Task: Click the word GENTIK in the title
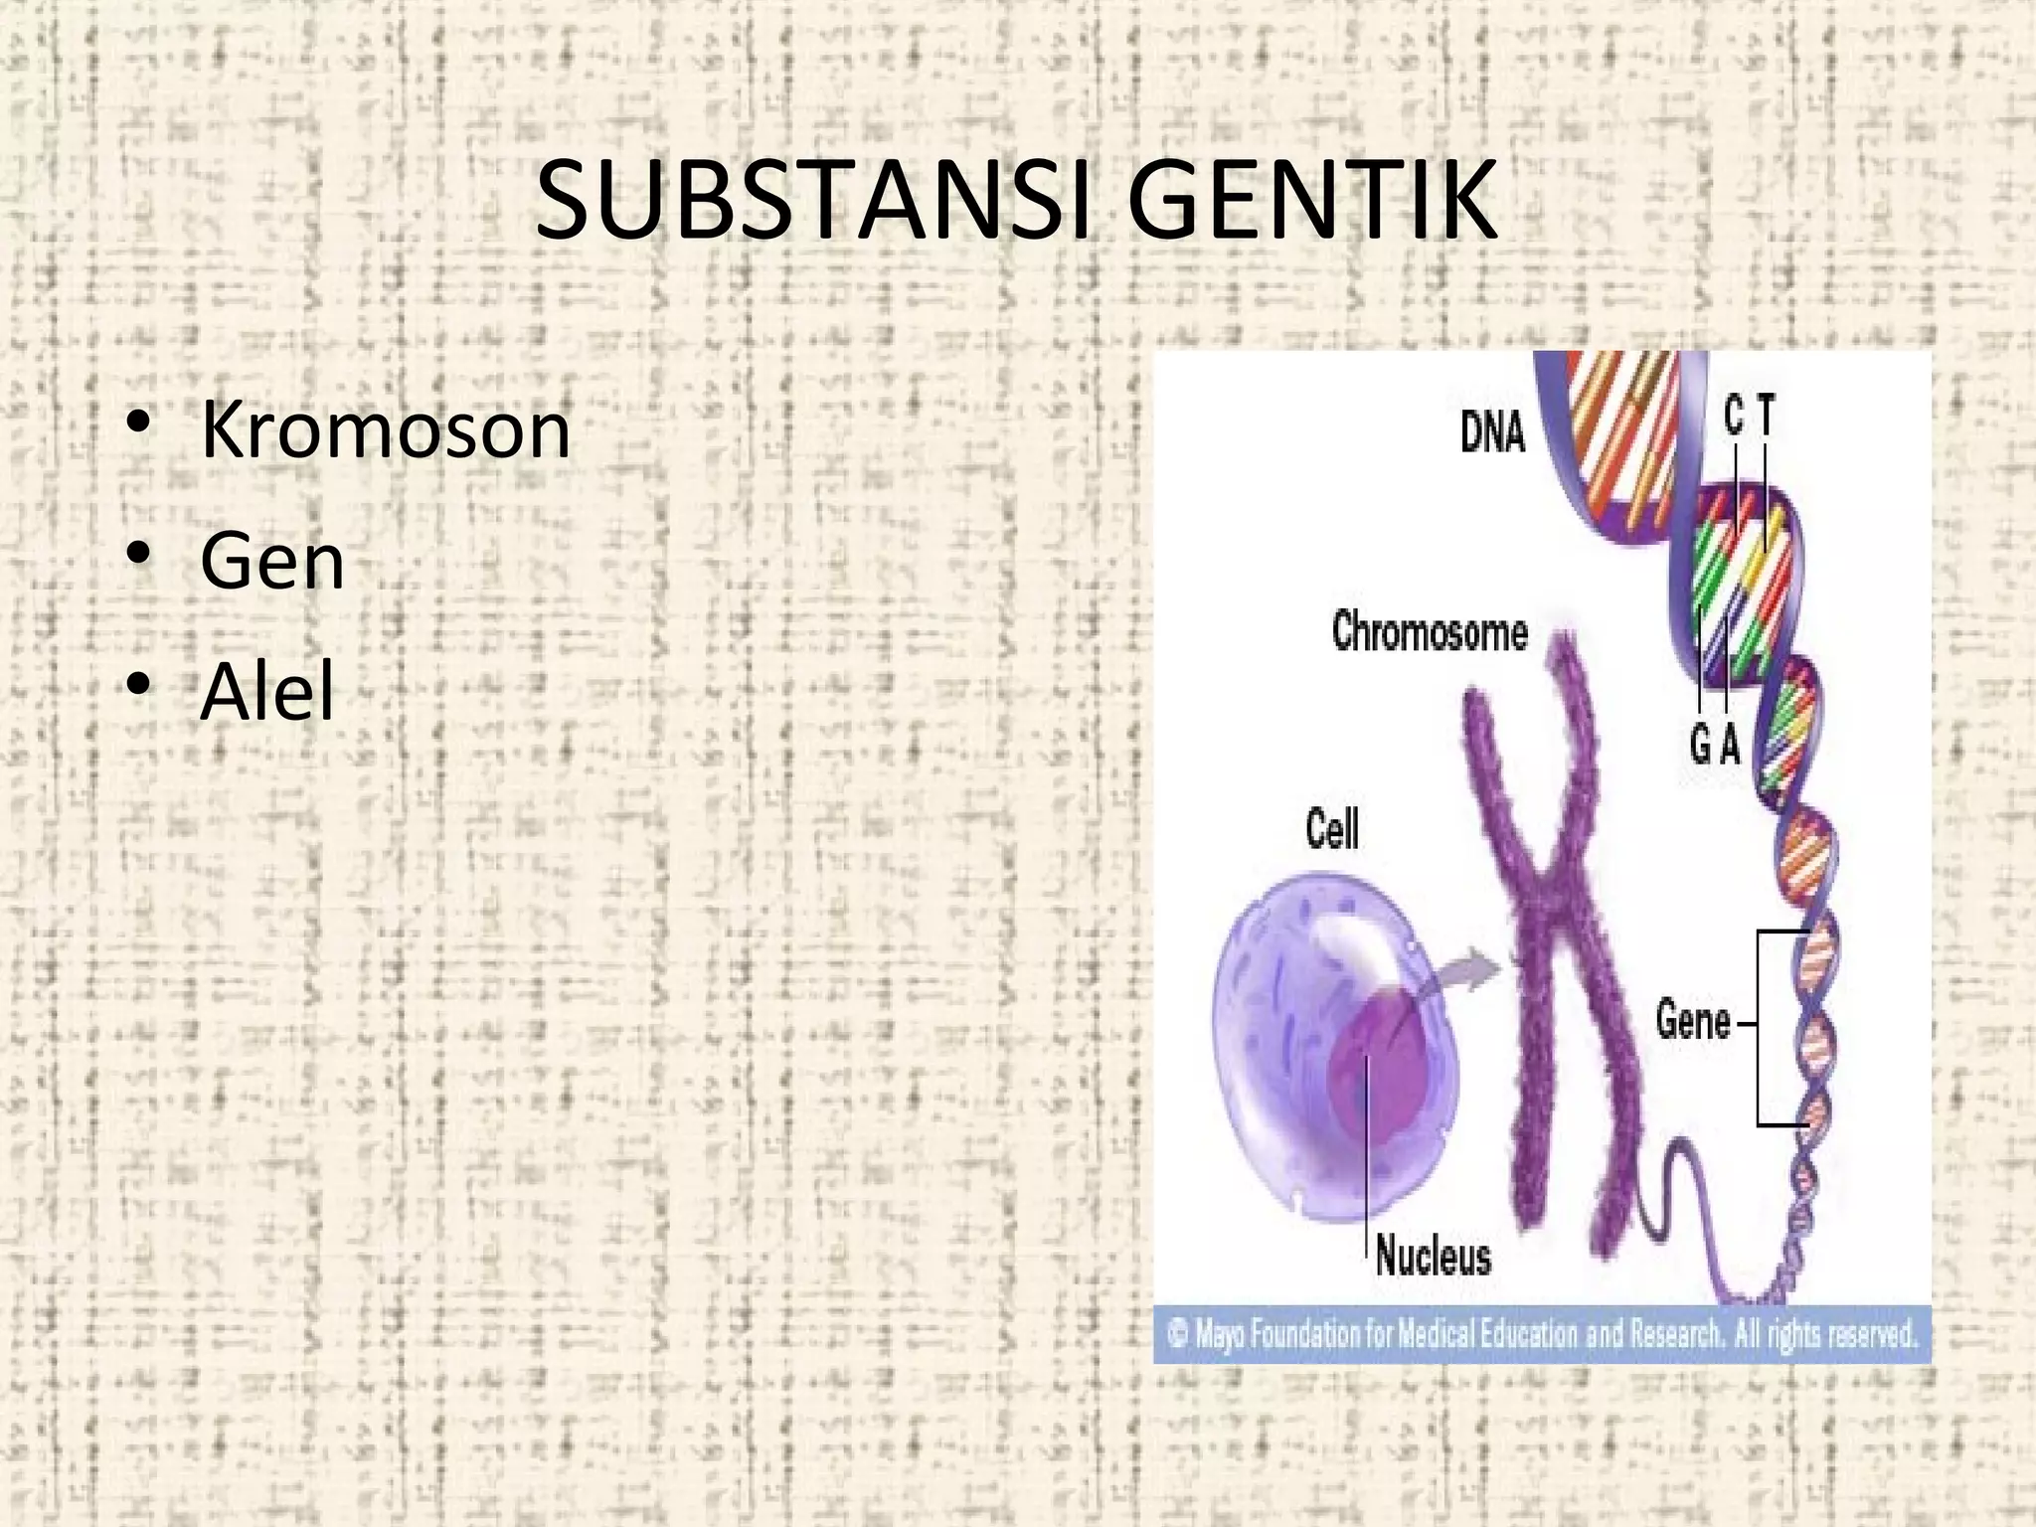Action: [x=1312, y=202]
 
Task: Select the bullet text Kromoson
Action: [x=386, y=430]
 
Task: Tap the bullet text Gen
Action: [x=272, y=561]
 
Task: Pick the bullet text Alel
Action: [x=267, y=691]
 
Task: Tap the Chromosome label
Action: [x=1430, y=632]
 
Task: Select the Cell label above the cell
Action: [x=1332, y=830]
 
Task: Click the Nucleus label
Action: [x=1434, y=1257]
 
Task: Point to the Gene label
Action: [x=1693, y=1021]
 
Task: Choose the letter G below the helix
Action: [x=1700, y=744]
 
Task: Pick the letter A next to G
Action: [x=1730, y=744]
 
